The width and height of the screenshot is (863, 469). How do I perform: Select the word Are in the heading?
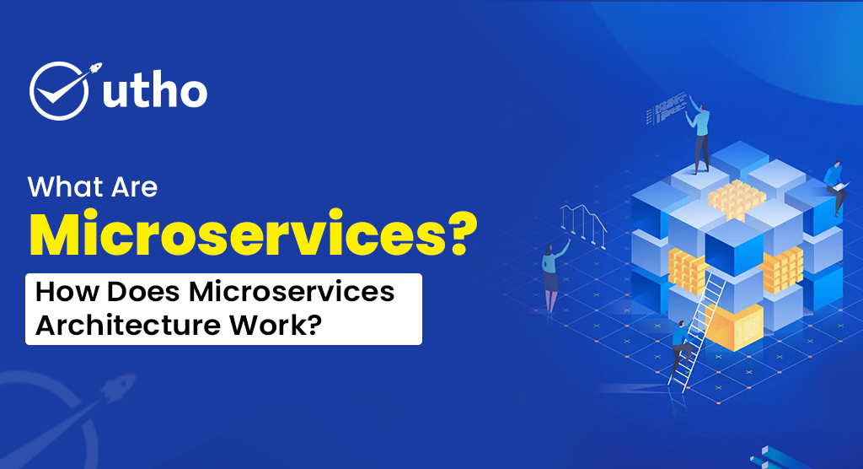point(134,186)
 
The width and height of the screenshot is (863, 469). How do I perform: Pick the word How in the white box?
point(63,292)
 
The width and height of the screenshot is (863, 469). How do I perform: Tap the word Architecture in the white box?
point(122,325)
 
